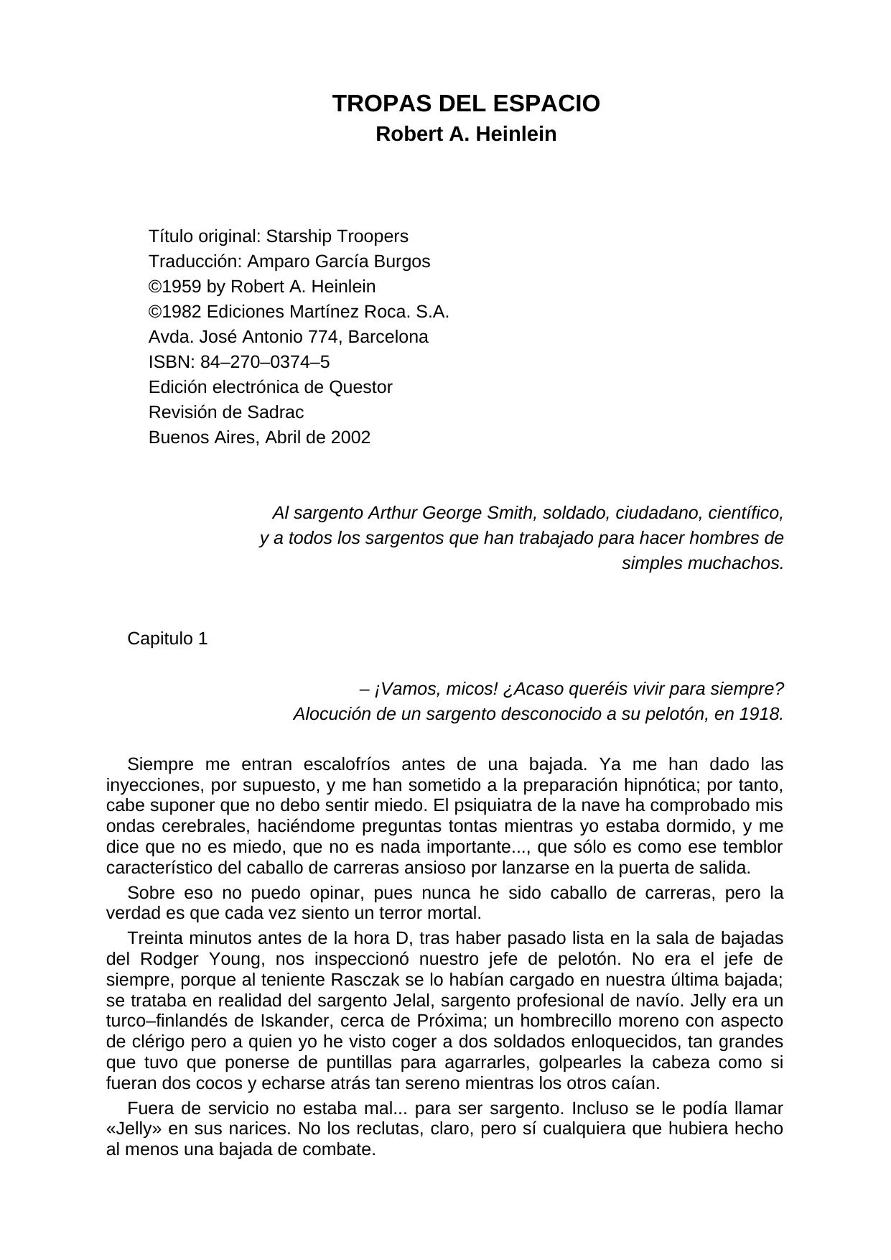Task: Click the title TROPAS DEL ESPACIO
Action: [x=466, y=104]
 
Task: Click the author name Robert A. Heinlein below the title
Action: [x=466, y=134]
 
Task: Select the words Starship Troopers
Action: [x=337, y=236]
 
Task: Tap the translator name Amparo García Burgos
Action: [x=338, y=261]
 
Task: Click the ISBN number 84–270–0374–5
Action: [x=265, y=362]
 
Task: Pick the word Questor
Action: [x=360, y=387]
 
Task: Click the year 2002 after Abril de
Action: [x=350, y=437]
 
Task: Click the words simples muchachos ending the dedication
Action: [x=702, y=563]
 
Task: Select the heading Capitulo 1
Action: [x=167, y=639]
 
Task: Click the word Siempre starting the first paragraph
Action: [x=155, y=764]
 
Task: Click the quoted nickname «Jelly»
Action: [x=131, y=1129]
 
